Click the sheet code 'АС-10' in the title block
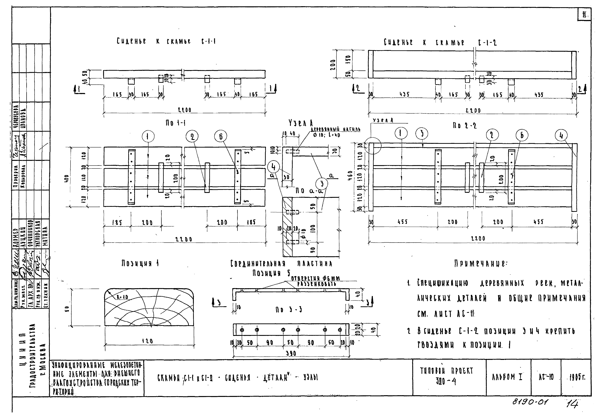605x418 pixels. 546,377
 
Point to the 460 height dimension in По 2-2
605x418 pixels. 351,176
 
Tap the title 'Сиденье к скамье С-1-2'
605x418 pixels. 440,42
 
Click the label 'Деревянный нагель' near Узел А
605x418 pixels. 335,129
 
